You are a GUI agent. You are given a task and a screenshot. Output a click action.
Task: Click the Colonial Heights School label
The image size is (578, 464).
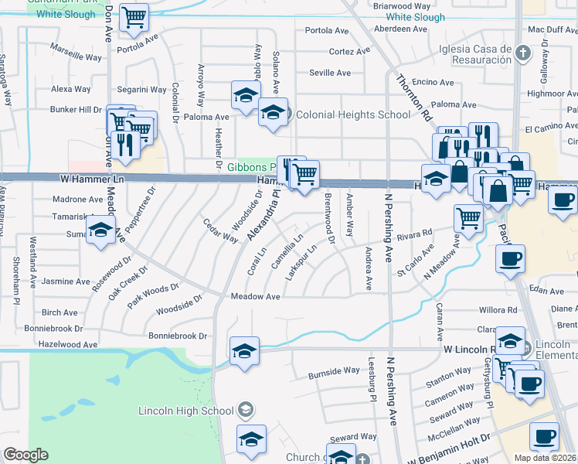[353, 115]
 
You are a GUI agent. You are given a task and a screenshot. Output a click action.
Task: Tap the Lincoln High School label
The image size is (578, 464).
[185, 411]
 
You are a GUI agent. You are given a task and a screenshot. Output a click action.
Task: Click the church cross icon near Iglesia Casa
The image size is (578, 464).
[523, 53]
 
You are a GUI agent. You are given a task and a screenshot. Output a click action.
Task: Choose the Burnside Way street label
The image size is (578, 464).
[334, 370]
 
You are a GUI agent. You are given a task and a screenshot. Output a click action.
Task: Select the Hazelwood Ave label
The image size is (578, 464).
[69, 344]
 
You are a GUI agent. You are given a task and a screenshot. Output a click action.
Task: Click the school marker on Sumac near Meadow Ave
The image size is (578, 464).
[100, 230]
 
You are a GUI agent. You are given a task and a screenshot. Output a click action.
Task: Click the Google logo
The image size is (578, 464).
[26, 455]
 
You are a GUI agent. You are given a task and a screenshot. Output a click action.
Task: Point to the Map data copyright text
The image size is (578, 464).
[546, 458]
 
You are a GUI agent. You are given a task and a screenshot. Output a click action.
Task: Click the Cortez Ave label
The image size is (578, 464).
[349, 52]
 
